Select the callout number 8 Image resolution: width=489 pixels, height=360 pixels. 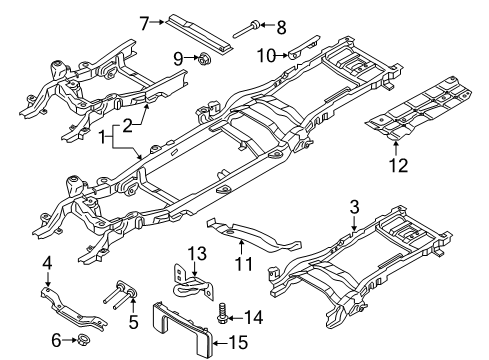point(280,26)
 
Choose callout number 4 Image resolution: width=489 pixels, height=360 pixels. point(48,263)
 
